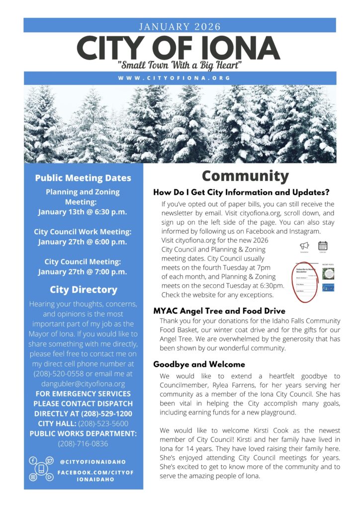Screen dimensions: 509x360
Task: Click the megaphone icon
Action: (x=304, y=245)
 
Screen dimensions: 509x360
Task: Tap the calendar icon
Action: (x=323, y=245)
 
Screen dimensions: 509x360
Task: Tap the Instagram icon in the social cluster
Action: (x=33, y=477)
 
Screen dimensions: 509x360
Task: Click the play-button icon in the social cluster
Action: (x=50, y=477)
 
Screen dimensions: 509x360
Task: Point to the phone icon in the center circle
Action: (x=42, y=469)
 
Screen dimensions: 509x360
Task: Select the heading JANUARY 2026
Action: (x=180, y=26)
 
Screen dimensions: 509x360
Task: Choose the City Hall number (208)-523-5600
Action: (x=103, y=424)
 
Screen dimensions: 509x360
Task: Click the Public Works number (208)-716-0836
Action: (x=83, y=443)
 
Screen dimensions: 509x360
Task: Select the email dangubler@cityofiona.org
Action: (x=83, y=384)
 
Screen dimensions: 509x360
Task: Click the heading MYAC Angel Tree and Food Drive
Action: (x=219, y=311)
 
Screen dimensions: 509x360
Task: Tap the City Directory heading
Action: (x=83, y=289)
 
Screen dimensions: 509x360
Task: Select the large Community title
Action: (x=245, y=176)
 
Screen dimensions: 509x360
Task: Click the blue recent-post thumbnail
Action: (x=328, y=287)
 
